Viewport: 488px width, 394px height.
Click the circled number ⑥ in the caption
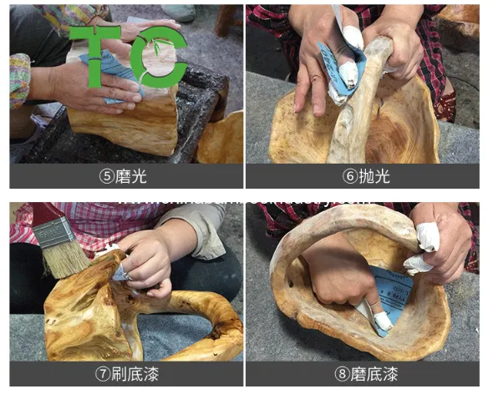(x=349, y=176)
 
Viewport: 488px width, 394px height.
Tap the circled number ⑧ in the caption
(x=341, y=374)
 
